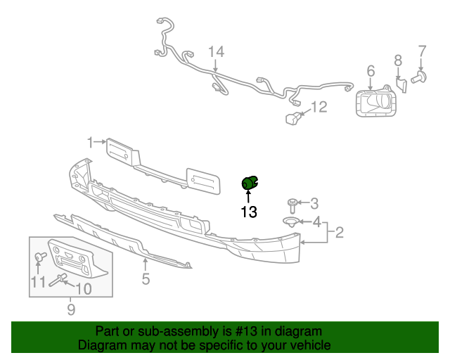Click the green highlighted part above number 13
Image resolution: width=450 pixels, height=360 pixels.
[250, 184]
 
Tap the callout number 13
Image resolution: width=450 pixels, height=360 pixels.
[249, 211]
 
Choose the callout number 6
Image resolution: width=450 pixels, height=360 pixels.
[371, 70]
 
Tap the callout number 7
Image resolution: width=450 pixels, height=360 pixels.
[422, 51]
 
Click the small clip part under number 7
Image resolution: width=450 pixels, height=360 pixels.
[420, 76]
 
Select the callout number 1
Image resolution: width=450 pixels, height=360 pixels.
[90, 142]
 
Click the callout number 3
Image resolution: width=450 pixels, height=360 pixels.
[314, 203]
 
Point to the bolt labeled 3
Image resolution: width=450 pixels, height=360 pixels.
[292, 206]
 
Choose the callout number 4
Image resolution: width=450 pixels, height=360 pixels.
[316, 223]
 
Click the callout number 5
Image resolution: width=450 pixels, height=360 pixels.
[146, 280]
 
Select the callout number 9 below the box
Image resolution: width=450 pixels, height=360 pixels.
[70, 309]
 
